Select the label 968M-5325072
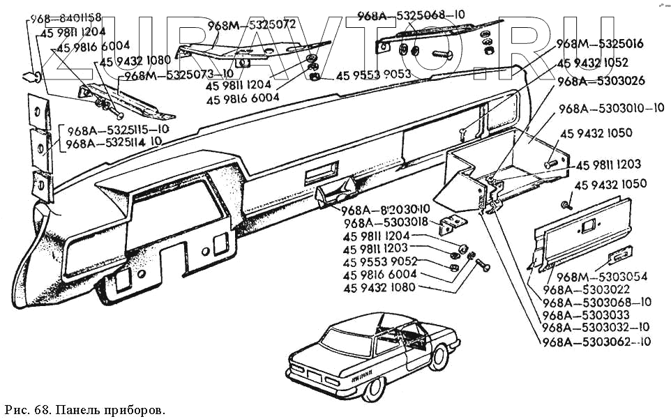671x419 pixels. [x=252, y=25]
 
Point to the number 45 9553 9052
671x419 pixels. [x=379, y=261]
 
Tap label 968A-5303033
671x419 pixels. [x=585, y=316]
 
